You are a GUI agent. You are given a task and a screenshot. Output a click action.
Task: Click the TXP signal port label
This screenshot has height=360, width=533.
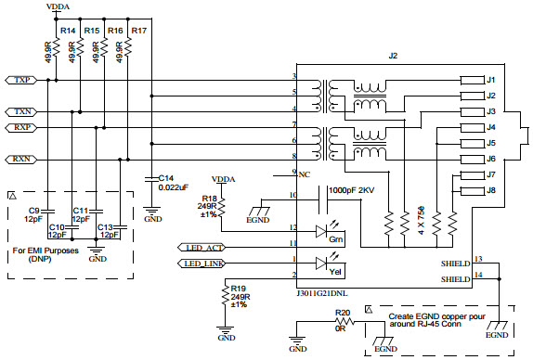click(23, 80)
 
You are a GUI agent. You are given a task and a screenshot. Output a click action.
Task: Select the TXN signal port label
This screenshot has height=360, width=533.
click(23, 111)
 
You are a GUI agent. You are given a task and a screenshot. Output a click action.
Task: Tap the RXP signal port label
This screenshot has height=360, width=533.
click(23, 127)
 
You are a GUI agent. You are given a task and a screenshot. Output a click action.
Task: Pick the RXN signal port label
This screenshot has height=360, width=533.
click(23, 160)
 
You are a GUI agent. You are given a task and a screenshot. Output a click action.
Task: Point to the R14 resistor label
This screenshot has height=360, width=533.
click(67, 31)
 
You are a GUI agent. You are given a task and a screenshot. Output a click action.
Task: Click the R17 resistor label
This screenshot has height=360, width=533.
click(138, 31)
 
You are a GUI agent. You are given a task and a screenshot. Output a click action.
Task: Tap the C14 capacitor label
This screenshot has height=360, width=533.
click(166, 177)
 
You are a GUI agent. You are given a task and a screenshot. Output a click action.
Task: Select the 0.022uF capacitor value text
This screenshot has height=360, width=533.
click(175, 186)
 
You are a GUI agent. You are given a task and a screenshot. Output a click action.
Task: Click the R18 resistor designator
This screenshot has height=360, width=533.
click(211, 198)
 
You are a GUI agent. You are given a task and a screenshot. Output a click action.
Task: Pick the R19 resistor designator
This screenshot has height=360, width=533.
click(238, 289)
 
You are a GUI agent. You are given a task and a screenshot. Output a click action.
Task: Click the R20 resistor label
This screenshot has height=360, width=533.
click(343, 313)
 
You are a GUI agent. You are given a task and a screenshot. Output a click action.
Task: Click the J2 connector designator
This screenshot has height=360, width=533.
click(392, 57)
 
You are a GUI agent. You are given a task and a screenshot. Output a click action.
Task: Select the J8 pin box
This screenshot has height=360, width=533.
click(492, 190)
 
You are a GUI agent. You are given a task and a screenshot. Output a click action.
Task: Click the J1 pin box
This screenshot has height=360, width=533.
click(492, 80)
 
